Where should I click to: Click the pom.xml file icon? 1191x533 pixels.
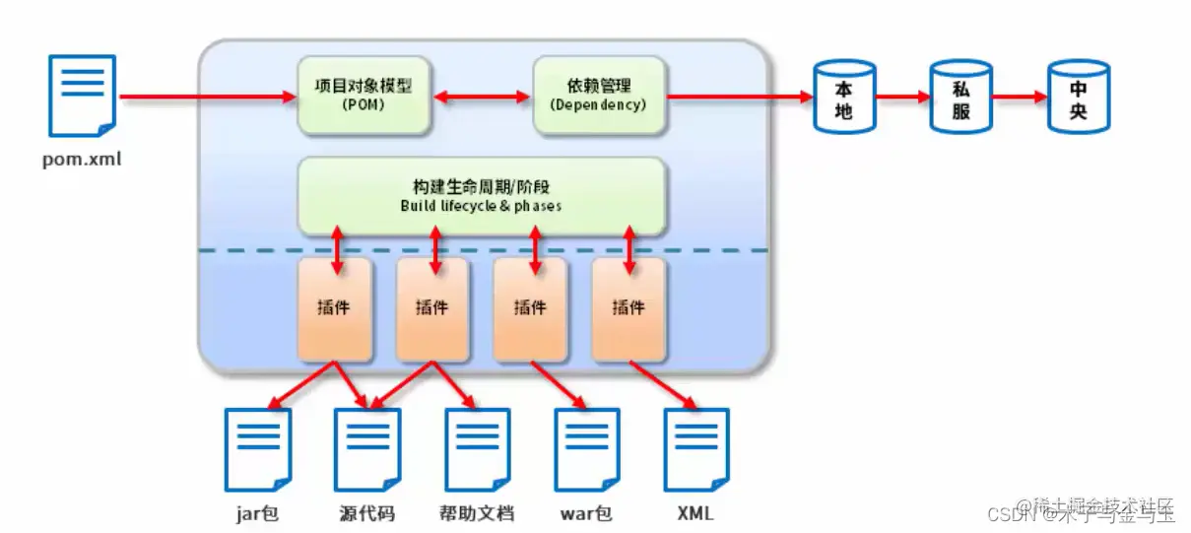83,96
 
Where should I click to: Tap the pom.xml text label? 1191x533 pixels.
83,158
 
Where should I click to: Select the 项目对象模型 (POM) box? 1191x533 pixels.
364,96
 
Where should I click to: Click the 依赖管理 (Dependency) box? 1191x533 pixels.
599,96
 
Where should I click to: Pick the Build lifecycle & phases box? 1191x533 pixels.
483,195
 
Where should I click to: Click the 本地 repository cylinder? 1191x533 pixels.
843,97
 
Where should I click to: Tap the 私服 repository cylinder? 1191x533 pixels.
960,97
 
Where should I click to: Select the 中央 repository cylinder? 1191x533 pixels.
1078,97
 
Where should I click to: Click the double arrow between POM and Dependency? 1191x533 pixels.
482,97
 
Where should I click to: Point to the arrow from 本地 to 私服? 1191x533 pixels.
901,98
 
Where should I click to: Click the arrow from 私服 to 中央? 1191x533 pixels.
1019,98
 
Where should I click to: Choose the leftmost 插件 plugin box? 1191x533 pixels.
335,308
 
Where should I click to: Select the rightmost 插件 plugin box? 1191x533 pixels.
629,308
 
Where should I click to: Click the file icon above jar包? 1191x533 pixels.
259,449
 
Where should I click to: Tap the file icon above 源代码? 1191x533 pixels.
367,449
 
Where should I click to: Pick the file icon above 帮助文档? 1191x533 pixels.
477,449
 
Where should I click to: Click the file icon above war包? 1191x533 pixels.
587,449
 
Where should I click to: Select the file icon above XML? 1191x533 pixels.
696,449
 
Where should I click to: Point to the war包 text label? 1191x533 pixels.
587,513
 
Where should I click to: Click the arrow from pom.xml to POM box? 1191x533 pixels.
207,97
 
